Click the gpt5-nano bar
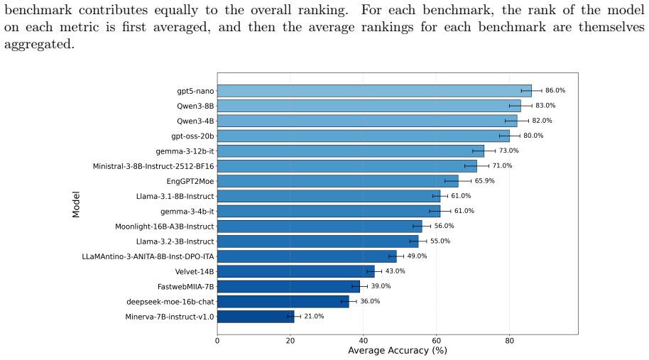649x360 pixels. pyautogui.click(x=374, y=91)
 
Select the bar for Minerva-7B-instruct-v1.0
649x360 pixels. pyautogui.click(x=256, y=317)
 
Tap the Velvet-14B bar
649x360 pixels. pyautogui.click(x=296, y=271)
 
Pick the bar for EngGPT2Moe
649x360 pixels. pyautogui.click(x=338, y=181)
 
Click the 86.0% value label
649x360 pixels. pyautogui.click(x=555, y=91)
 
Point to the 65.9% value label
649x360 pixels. pyautogui.click(x=485, y=181)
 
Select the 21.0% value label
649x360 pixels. pyautogui.click(x=314, y=317)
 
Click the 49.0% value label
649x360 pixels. pyautogui.click(x=417, y=256)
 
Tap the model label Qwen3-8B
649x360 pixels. pyautogui.click(x=195, y=106)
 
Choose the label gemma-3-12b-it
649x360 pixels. pyautogui.click(x=185, y=151)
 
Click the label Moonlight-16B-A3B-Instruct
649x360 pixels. pyautogui.click(x=164, y=227)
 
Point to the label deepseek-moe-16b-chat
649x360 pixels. pyautogui.click(x=170, y=302)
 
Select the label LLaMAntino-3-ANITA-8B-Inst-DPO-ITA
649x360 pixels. pyautogui.click(x=148, y=256)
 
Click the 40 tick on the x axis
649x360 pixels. pyautogui.click(x=364, y=341)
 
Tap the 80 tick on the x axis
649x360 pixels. pyautogui.click(x=510, y=341)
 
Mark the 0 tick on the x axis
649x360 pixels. pyautogui.click(x=217, y=341)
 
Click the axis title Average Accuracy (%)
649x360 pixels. pyautogui.click(x=398, y=351)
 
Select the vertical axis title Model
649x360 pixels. pyautogui.click(x=76, y=204)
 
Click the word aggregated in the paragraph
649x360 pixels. pyautogui.click(x=39, y=44)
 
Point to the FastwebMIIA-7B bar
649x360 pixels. pyautogui.click(x=288, y=286)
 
